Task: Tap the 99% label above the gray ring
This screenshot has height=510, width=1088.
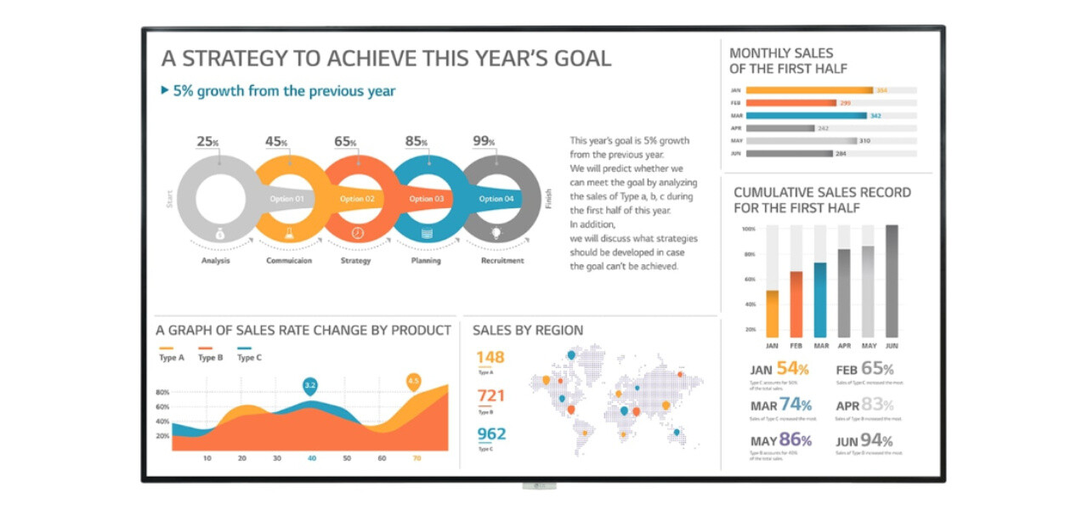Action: (484, 141)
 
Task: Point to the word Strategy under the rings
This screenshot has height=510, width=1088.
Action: (355, 261)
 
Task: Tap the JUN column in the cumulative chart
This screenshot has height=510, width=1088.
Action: (892, 281)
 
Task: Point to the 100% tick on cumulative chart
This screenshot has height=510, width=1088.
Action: (748, 229)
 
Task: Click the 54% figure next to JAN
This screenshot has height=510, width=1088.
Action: (792, 369)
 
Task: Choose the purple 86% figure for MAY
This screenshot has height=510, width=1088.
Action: (795, 440)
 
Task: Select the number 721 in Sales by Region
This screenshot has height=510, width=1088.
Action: (490, 395)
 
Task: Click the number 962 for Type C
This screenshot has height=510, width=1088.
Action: (490, 434)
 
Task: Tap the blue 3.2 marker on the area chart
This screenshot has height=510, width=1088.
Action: (310, 386)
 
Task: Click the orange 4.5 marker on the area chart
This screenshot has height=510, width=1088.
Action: (414, 381)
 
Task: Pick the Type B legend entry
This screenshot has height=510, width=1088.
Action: (210, 358)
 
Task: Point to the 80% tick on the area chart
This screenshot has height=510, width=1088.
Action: (162, 393)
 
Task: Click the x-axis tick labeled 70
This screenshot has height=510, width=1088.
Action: (416, 459)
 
